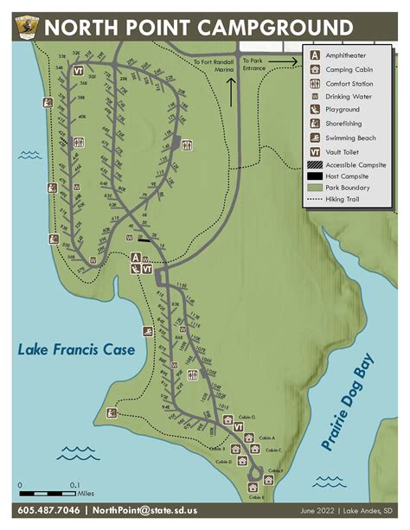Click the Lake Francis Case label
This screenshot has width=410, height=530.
point(76,350)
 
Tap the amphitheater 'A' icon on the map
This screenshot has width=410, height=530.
point(136,258)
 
